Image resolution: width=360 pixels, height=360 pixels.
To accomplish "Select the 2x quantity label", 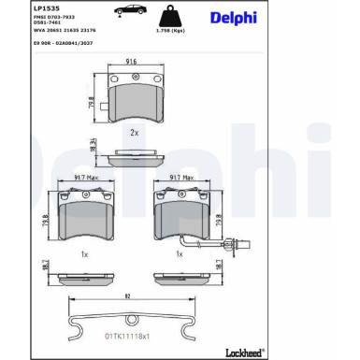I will [x=135, y=132].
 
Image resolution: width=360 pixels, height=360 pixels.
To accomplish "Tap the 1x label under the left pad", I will [x=84, y=253].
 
